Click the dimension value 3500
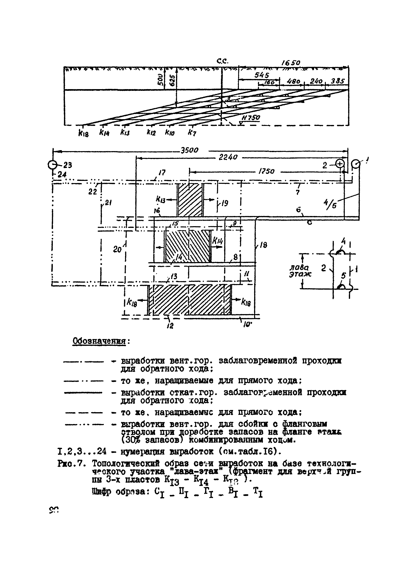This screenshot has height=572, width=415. pyautogui.click(x=189, y=150)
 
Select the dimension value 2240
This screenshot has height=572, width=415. pyautogui.click(x=228, y=157)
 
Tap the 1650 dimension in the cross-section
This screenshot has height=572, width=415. pyautogui.click(x=291, y=62)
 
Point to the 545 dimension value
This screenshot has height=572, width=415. pyautogui.click(x=262, y=75)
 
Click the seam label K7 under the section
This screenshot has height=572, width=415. pyautogui.click(x=192, y=132)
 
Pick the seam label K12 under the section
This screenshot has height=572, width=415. pyautogui.click(x=151, y=132)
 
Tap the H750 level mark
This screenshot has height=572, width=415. pyautogui.click(x=251, y=118)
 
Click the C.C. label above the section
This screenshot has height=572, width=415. pyautogui.click(x=222, y=61)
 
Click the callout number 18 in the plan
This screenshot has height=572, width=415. pyautogui.click(x=263, y=245)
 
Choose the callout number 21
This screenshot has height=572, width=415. pyautogui.click(x=108, y=203)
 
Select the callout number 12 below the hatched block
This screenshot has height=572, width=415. pyautogui.click(x=170, y=326)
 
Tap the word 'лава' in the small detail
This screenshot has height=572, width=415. pyautogui.click(x=299, y=267)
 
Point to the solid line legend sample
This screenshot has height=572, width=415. pyautogui.click(x=83, y=393)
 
